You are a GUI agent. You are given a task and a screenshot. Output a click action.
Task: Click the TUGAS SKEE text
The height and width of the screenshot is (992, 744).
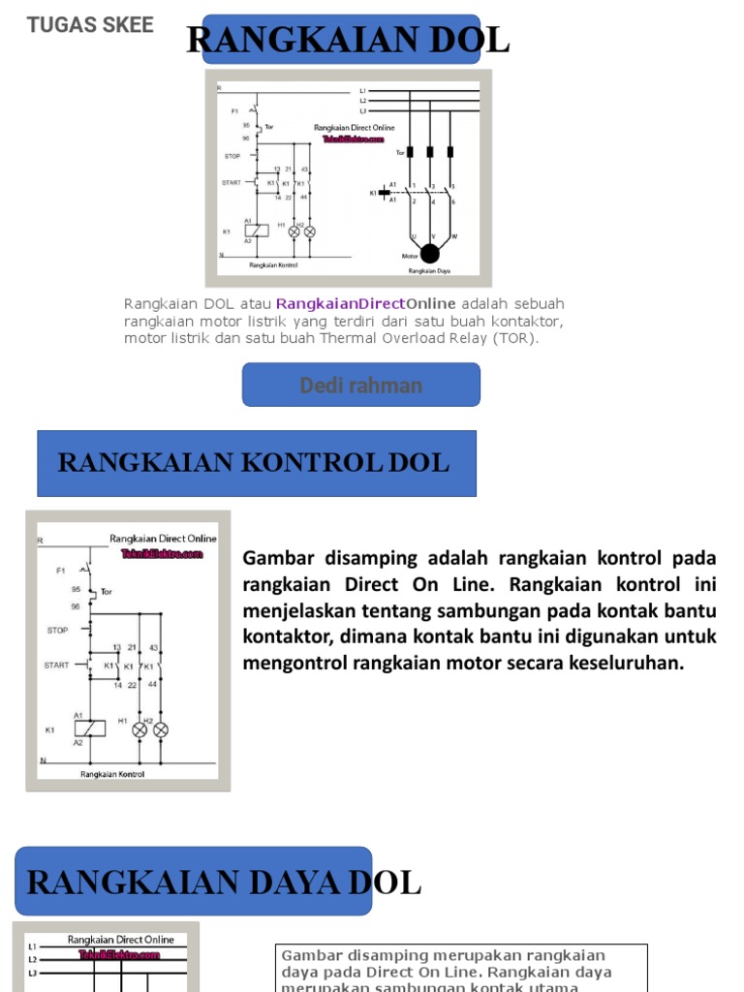(90, 25)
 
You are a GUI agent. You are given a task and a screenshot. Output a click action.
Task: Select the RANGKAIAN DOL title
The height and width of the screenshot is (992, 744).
(347, 40)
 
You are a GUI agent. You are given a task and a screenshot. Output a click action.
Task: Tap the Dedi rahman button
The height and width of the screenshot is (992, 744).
(360, 386)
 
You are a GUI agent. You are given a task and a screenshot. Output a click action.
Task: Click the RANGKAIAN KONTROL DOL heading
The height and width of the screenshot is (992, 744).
(254, 463)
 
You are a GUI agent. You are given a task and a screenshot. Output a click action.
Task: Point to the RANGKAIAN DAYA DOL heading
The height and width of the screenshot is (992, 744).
(224, 883)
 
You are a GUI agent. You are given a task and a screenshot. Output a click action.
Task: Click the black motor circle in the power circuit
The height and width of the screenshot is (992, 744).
(429, 254)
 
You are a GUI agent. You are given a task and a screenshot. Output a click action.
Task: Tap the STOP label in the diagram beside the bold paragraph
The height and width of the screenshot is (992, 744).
(57, 630)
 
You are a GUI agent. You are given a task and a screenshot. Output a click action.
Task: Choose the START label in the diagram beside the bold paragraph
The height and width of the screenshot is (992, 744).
(56, 666)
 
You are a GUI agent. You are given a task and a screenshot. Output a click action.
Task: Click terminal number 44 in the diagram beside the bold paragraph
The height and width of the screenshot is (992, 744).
(151, 684)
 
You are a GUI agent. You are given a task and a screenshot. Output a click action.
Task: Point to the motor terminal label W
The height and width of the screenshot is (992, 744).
(453, 234)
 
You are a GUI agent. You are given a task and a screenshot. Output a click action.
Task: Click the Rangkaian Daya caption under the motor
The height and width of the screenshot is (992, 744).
(428, 271)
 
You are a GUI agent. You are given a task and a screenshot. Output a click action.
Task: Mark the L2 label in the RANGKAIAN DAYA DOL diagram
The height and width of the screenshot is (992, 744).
(32, 959)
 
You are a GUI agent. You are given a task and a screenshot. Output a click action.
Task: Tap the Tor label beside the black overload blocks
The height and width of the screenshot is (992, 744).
(400, 152)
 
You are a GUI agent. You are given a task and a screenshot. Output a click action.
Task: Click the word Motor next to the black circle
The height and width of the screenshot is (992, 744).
(409, 256)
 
